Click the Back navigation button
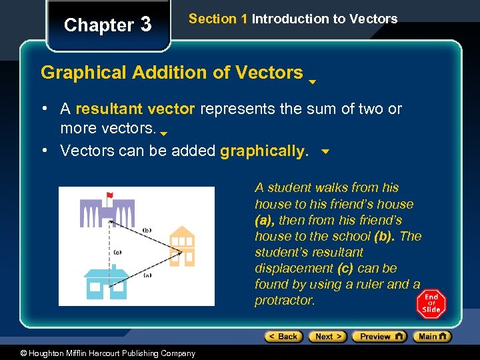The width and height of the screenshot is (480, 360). coord(283,337)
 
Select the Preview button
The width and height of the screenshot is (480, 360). coord(379,337)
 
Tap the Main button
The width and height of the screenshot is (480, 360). coord(433,337)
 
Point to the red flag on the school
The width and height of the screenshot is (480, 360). coord(109,195)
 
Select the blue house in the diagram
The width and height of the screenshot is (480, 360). coord(107,283)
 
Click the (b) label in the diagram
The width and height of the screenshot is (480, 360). coord(147,230)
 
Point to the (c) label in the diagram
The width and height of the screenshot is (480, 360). coord(117,252)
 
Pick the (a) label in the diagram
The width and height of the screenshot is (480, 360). coord(147,275)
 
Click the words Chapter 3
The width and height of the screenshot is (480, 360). coord(107,25)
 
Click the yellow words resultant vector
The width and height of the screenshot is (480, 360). coord(135,109)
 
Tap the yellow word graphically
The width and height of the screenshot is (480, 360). coord(264,151)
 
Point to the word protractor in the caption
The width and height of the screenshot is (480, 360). coord(285,301)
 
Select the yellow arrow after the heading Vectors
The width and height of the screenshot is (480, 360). coord(312,83)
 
